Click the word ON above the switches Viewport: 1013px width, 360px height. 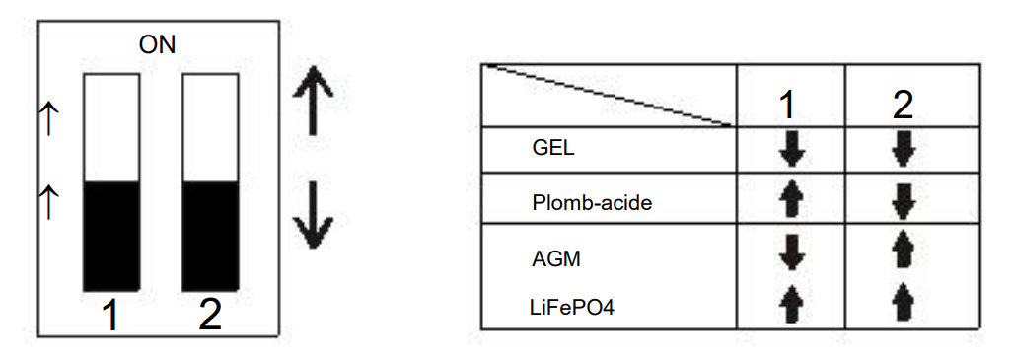pos(157,45)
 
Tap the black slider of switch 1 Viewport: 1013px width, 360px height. pos(111,237)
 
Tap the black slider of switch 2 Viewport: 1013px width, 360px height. pos(211,237)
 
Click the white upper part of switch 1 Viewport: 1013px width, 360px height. pos(111,128)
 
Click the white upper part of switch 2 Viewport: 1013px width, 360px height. pos(211,128)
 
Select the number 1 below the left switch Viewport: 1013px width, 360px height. pos(111,316)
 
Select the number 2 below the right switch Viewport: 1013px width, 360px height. pos(210,316)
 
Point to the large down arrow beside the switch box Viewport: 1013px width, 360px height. pos(314,215)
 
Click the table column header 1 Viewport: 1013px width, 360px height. pos(787,106)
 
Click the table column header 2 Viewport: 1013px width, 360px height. pos(903,106)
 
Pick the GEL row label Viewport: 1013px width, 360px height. pos(553,148)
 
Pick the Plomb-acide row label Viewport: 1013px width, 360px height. pos(593,203)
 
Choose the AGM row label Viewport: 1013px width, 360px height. pos(557,259)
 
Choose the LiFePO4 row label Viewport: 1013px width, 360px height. pos(572,309)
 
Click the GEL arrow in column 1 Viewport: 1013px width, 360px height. pos(791,150)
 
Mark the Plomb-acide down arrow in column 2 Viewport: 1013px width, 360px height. pos(903,202)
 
